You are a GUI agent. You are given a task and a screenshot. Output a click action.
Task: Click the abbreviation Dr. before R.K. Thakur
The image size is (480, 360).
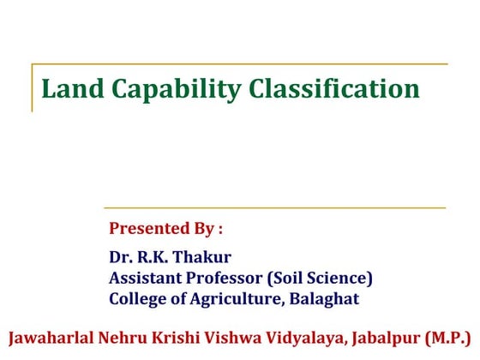tap(120, 257)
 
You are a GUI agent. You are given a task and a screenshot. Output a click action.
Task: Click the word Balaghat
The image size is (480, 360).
tap(323, 299)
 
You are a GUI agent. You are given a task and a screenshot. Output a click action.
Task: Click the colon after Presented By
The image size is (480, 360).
tap(220, 231)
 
